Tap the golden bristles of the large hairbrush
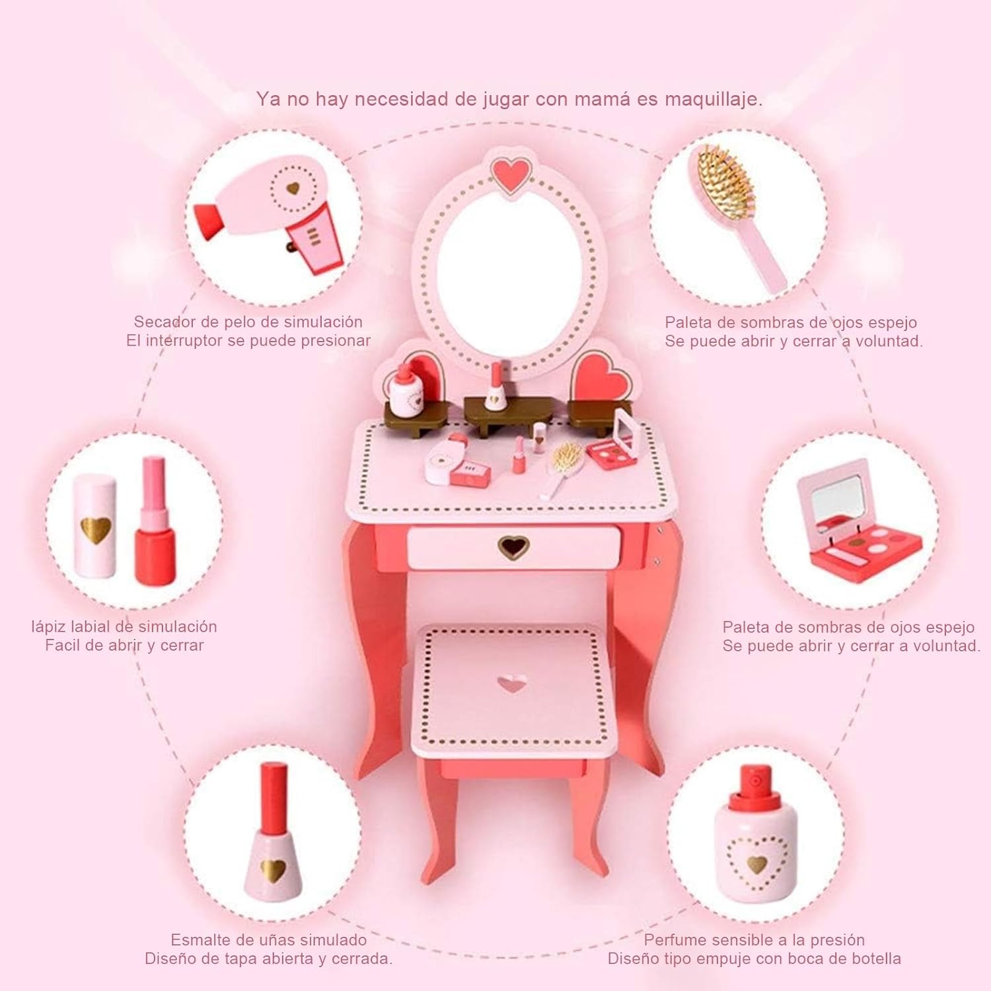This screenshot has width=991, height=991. (x=725, y=181)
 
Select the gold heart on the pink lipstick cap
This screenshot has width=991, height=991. (x=96, y=529)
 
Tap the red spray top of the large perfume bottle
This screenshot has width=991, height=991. (x=754, y=789)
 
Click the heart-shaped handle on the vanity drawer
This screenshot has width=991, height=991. (x=513, y=546)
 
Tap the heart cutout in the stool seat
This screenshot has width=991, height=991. (x=512, y=683)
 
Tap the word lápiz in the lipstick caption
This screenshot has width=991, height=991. (x=48, y=627)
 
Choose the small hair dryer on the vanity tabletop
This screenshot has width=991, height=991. (x=456, y=462)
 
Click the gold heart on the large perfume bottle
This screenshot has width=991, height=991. (x=757, y=863)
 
